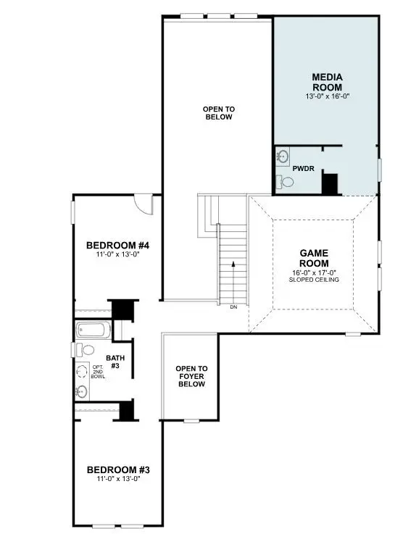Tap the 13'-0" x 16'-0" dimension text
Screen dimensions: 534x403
click(x=327, y=96)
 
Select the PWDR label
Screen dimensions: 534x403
click(x=302, y=168)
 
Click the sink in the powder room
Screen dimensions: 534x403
click(x=282, y=156)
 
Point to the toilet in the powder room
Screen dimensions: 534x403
click(x=286, y=182)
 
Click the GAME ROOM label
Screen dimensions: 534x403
click(x=315, y=258)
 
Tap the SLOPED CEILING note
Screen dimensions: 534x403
click(x=315, y=279)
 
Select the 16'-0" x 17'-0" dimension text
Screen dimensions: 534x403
click(x=315, y=272)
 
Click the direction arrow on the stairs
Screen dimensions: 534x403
click(x=233, y=267)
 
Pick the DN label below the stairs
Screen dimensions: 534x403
click(x=233, y=307)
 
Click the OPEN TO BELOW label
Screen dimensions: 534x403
click(x=218, y=113)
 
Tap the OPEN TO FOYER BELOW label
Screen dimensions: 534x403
click(x=191, y=376)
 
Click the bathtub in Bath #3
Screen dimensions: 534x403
click(x=93, y=331)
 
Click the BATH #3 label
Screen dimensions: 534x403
click(x=116, y=362)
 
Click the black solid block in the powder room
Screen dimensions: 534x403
click(x=330, y=183)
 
